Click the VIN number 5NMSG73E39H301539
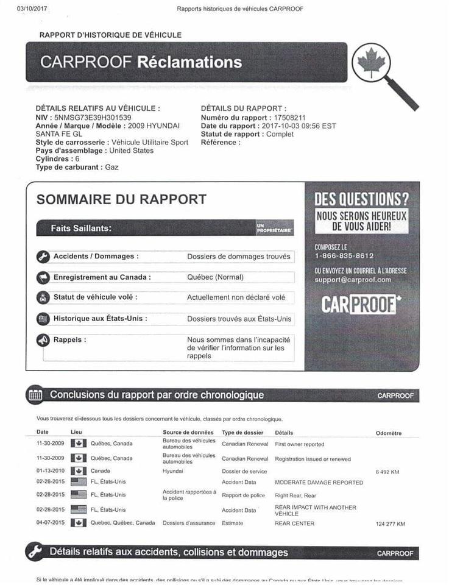pyautogui.click(x=93, y=117)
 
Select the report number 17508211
pyautogui.click(x=290, y=118)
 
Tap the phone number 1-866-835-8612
pyautogui.click(x=344, y=256)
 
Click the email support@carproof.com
pyautogui.click(x=353, y=280)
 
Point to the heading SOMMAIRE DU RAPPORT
pyautogui.click(x=121, y=199)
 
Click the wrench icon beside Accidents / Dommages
pyautogui.click(x=43, y=257)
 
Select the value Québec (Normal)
pyautogui.click(x=215, y=277)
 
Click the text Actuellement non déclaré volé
pyautogui.click(x=236, y=297)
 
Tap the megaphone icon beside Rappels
pyautogui.click(x=43, y=340)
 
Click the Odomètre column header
pyautogui.click(x=389, y=433)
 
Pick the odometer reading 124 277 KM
pyautogui.click(x=391, y=524)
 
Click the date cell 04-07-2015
pyautogui.click(x=51, y=523)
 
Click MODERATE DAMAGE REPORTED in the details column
pyautogui.click(x=319, y=483)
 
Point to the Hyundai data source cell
pyautogui.click(x=172, y=471)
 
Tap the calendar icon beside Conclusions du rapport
pyautogui.click(x=35, y=395)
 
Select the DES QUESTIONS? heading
pyautogui.click(x=361, y=199)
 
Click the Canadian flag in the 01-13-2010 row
pyautogui.click(x=79, y=471)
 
